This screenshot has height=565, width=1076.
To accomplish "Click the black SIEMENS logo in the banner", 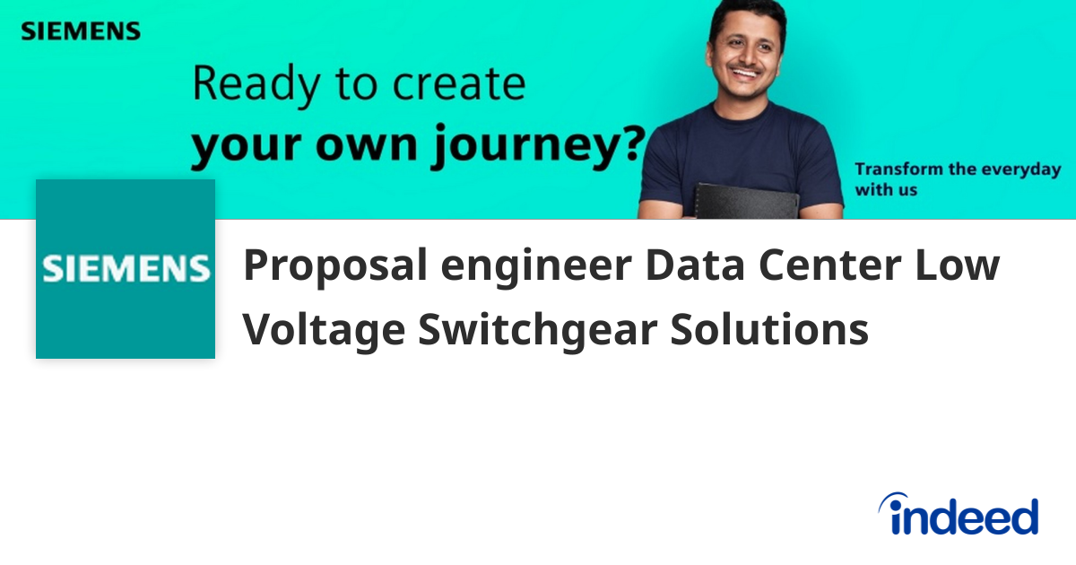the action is tap(81, 31).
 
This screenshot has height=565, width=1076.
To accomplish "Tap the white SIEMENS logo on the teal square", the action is tap(126, 268).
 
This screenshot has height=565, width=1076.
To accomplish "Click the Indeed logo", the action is tap(959, 514).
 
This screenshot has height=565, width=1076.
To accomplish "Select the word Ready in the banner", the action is tap(256, 85).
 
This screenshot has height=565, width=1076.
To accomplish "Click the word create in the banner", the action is tap(459, 85).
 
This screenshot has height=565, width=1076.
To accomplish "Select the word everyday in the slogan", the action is tap(1021, 170).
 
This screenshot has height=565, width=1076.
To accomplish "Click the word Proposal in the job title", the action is tap(335, 265).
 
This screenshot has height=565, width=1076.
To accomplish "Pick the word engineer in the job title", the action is tap(536, 266).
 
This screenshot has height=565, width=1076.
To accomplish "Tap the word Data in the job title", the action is tap(695, 265).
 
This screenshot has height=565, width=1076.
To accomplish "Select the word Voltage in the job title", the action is tap(325, 331).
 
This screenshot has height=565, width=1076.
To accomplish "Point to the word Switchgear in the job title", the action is tap(538, 331).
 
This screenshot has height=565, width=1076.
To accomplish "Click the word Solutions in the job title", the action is tap(769, 330).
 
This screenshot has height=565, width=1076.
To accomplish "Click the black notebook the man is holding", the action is tap(747, 201).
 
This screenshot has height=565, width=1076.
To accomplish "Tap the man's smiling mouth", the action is tap(745, 74).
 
